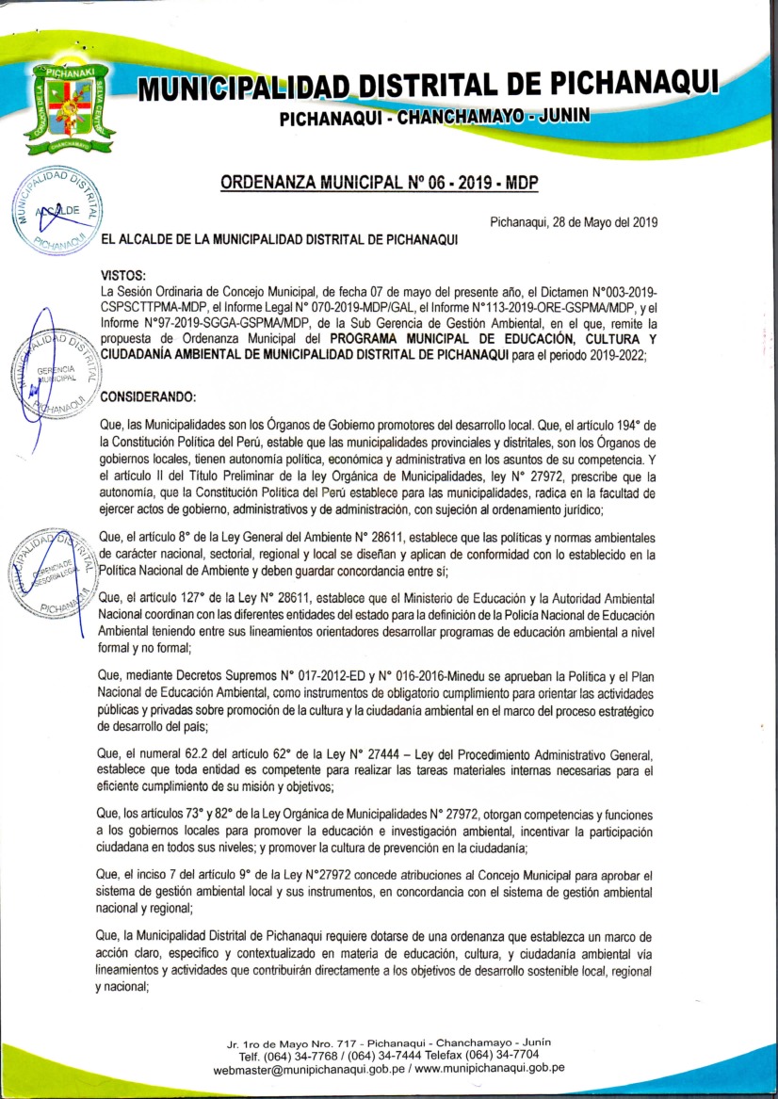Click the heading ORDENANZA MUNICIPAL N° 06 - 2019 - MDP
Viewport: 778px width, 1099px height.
[x=392, y=182]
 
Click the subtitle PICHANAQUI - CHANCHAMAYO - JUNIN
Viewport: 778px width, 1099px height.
[x=434, y=117]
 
